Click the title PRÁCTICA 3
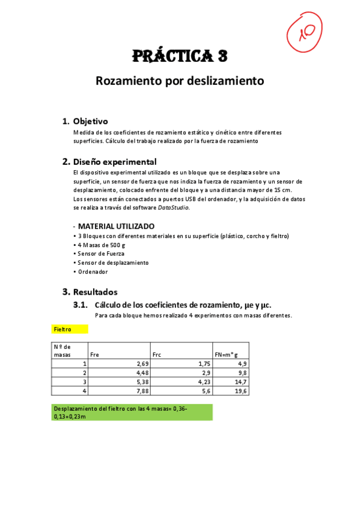(180, 57)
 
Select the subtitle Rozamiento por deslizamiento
(180, 81)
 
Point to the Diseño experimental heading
(114, 162)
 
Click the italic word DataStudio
(173, 207)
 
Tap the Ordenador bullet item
(93, 272)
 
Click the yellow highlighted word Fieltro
(63, 330)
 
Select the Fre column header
(95, 354)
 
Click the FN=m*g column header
(227, 354)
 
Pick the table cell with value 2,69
(140, 364)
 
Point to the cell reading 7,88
(140, 391)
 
